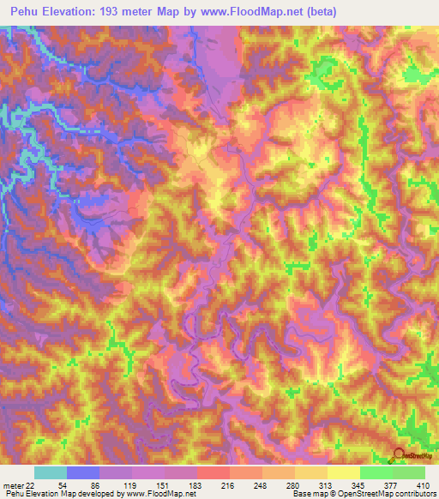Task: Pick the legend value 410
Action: click(x=423, y=484)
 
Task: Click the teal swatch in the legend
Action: click(x=51, y=472)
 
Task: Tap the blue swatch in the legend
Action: click(x=83, y=472)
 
